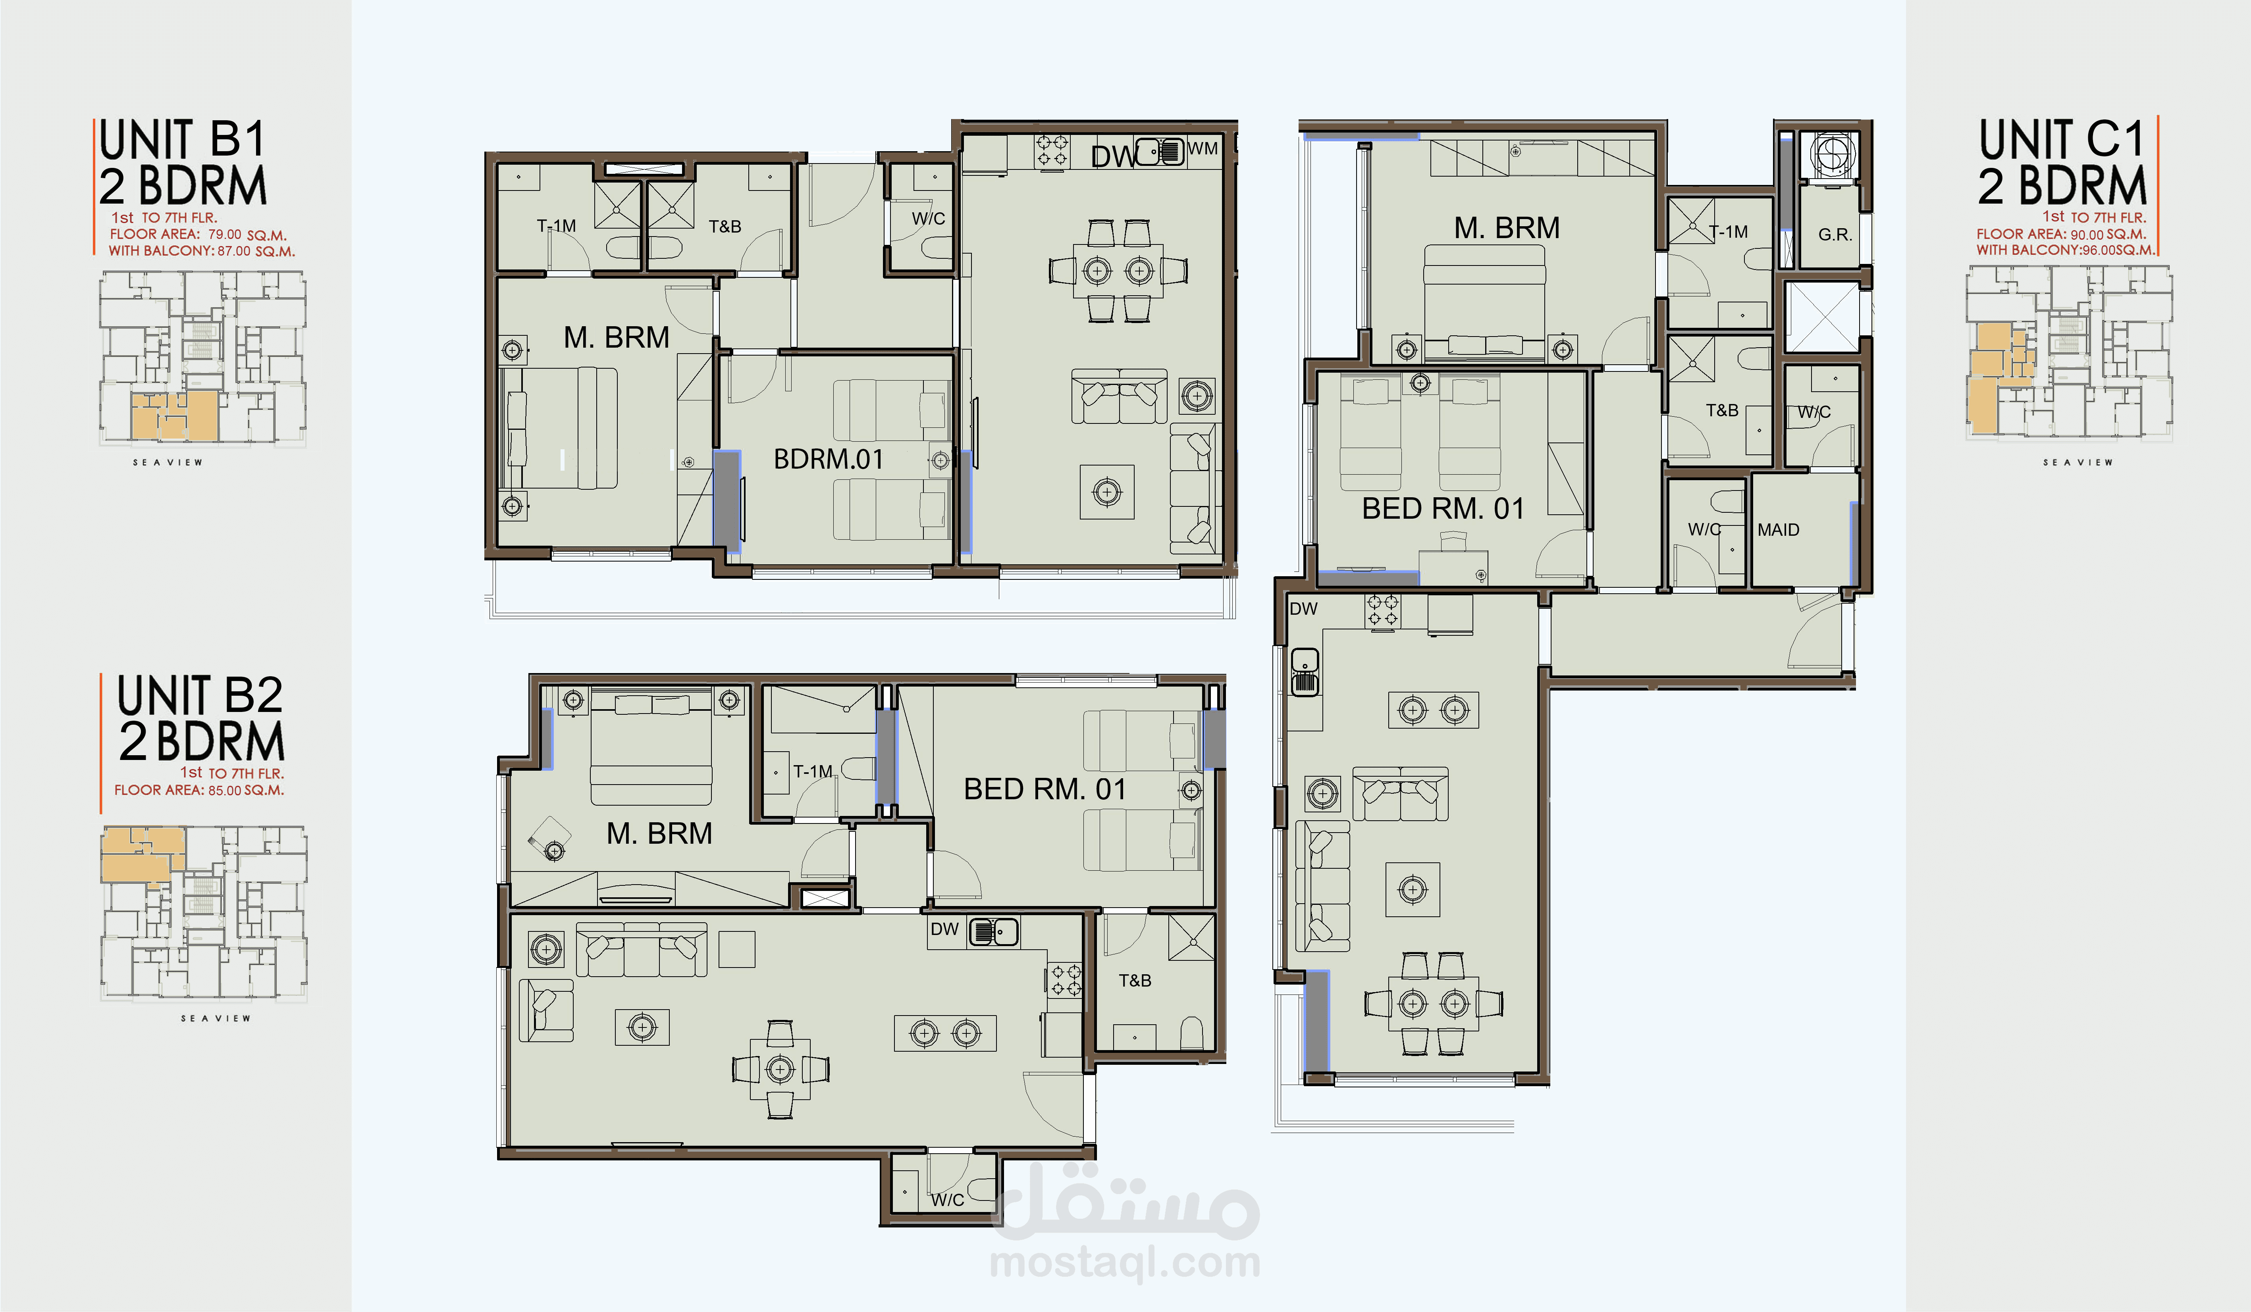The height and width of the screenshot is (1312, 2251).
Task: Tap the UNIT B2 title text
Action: pyautogui.click(x=200, y=696)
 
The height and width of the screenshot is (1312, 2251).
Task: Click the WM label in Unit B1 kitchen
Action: pyautogui.click(x=1202, y=148)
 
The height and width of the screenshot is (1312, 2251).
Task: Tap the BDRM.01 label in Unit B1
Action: pyautogui.click(x=828, y=459)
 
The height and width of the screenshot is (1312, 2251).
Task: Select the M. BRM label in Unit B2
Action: pyautogui.click(x=659, y=833)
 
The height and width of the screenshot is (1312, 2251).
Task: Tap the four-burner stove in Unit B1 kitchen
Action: pyautogui.click(x=1051, y=150)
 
